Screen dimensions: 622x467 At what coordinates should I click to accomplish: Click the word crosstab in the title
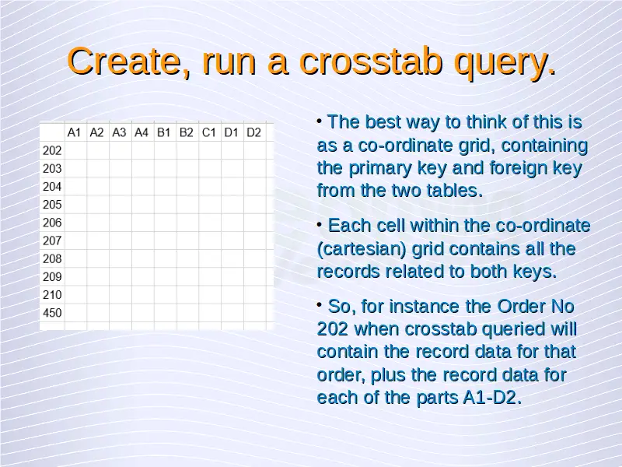pos(371,61)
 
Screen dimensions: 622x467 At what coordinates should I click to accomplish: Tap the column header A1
pos(74,132)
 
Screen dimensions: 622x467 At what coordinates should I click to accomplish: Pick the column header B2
pos(186,132)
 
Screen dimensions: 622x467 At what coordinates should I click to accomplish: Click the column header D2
pos(253,132)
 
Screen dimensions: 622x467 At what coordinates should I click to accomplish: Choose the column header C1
pos(208,132)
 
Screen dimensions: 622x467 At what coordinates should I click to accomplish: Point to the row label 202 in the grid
pos(52,150)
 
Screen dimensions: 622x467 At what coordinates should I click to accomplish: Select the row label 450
pos(52,313)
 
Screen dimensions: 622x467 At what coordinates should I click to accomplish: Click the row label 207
pos(52,241)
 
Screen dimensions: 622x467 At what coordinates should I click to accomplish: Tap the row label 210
pos(52,295)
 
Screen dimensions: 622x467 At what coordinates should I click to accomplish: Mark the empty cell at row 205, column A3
pos(121,205)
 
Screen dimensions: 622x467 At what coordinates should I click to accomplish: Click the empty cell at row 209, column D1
pos(232,277)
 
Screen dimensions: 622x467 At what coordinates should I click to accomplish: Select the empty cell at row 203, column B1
pos(166,168)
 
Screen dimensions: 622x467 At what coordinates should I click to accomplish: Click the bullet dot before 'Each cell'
pos(320,225)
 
